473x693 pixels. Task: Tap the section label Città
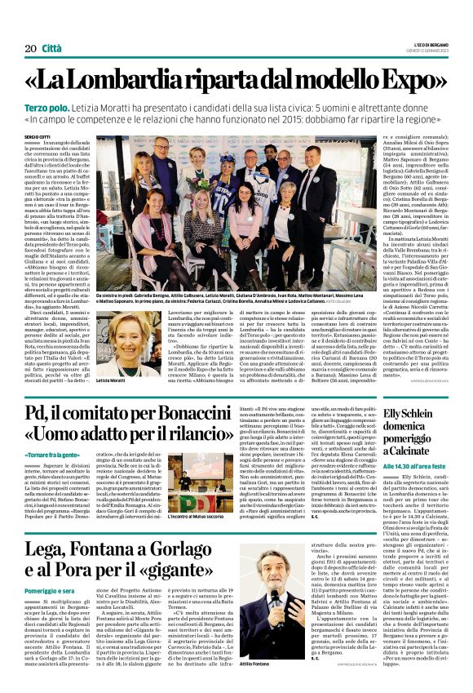(52, 49)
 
